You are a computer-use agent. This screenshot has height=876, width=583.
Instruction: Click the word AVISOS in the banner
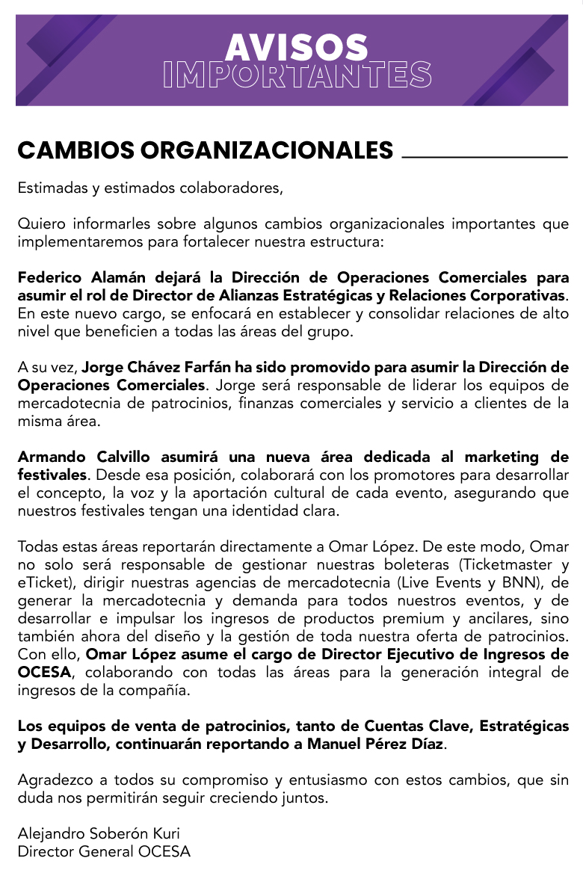pyautogui.click(x=297, y=48)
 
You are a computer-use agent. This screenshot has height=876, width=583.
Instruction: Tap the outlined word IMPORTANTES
pyautogui.click(x=297, y=75)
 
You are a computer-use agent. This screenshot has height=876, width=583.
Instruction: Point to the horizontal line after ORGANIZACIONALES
pyautogui.click(x=484, y=157)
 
